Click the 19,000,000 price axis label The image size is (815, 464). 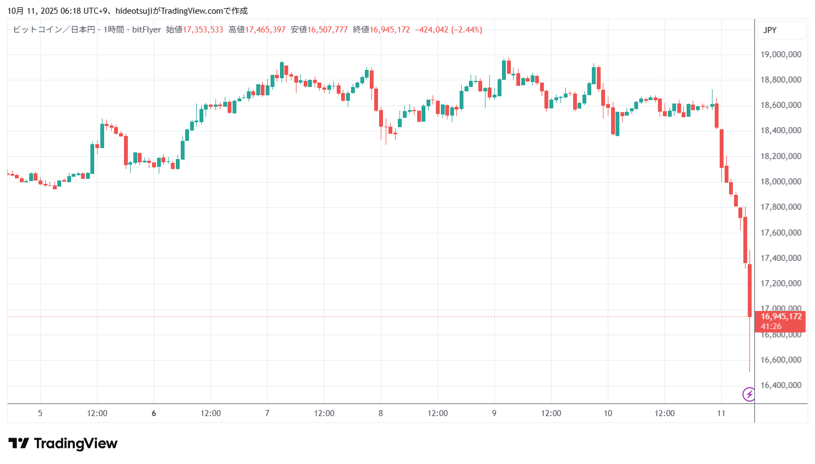780,54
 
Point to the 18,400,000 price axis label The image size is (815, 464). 780,130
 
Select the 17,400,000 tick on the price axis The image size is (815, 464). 780,258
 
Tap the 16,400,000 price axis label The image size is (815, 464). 780,385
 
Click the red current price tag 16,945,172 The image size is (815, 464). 781,316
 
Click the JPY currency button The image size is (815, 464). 770,30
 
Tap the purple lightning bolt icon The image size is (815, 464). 749,394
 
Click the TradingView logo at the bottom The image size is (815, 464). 63,444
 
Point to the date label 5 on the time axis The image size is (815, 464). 40,413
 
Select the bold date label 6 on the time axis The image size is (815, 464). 154,413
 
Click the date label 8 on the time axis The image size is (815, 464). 381,413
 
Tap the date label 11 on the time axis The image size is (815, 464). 721,413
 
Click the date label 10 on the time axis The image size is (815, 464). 608,413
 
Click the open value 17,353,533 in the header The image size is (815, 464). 203,30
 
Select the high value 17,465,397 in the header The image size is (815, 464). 265,30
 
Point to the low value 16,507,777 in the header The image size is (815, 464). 327,30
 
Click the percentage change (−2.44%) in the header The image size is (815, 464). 467,30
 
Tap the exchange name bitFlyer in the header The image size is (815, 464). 147,30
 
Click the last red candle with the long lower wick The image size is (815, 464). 749,292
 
